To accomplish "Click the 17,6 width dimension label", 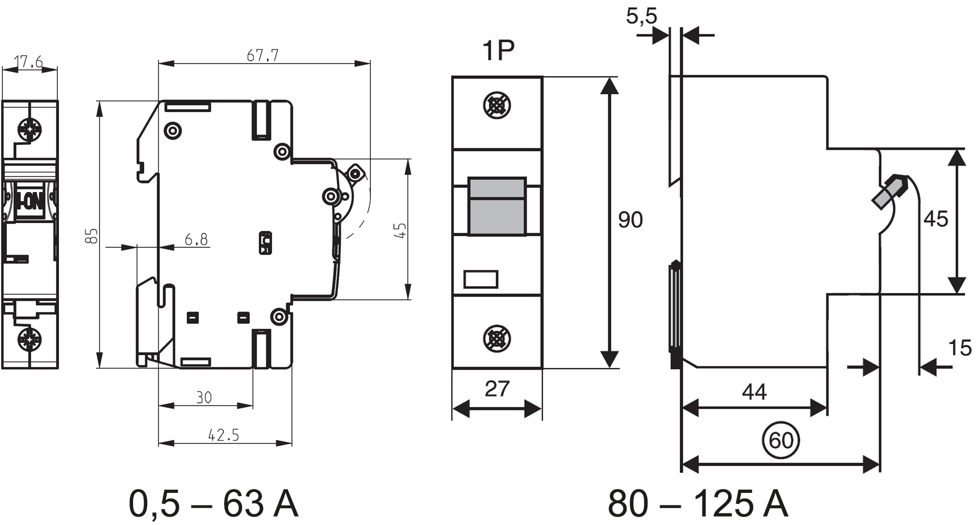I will coord(28,63).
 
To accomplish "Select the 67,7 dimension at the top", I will coord(263,55).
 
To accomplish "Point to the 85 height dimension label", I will coord(92,235).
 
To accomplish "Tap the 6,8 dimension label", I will coord(196,240).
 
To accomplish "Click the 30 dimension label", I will coord(204,397).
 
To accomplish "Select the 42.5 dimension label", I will coord(224,435).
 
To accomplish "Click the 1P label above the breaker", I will coord(498,51).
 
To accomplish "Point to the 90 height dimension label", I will coord(630,219).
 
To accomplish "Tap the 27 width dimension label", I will coord(497,389).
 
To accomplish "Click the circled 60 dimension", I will coord(781,440).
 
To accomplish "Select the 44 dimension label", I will coord(754,392).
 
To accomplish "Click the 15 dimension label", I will coord(960,348).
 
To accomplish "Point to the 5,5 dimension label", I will coord(641,16).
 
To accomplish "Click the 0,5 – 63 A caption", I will coord(213,503).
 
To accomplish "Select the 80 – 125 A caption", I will coord(698,503).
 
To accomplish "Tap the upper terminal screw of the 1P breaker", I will coord(497,106).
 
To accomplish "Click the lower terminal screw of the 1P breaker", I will coord(497,338).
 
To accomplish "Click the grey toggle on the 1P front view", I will coord(497,206).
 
